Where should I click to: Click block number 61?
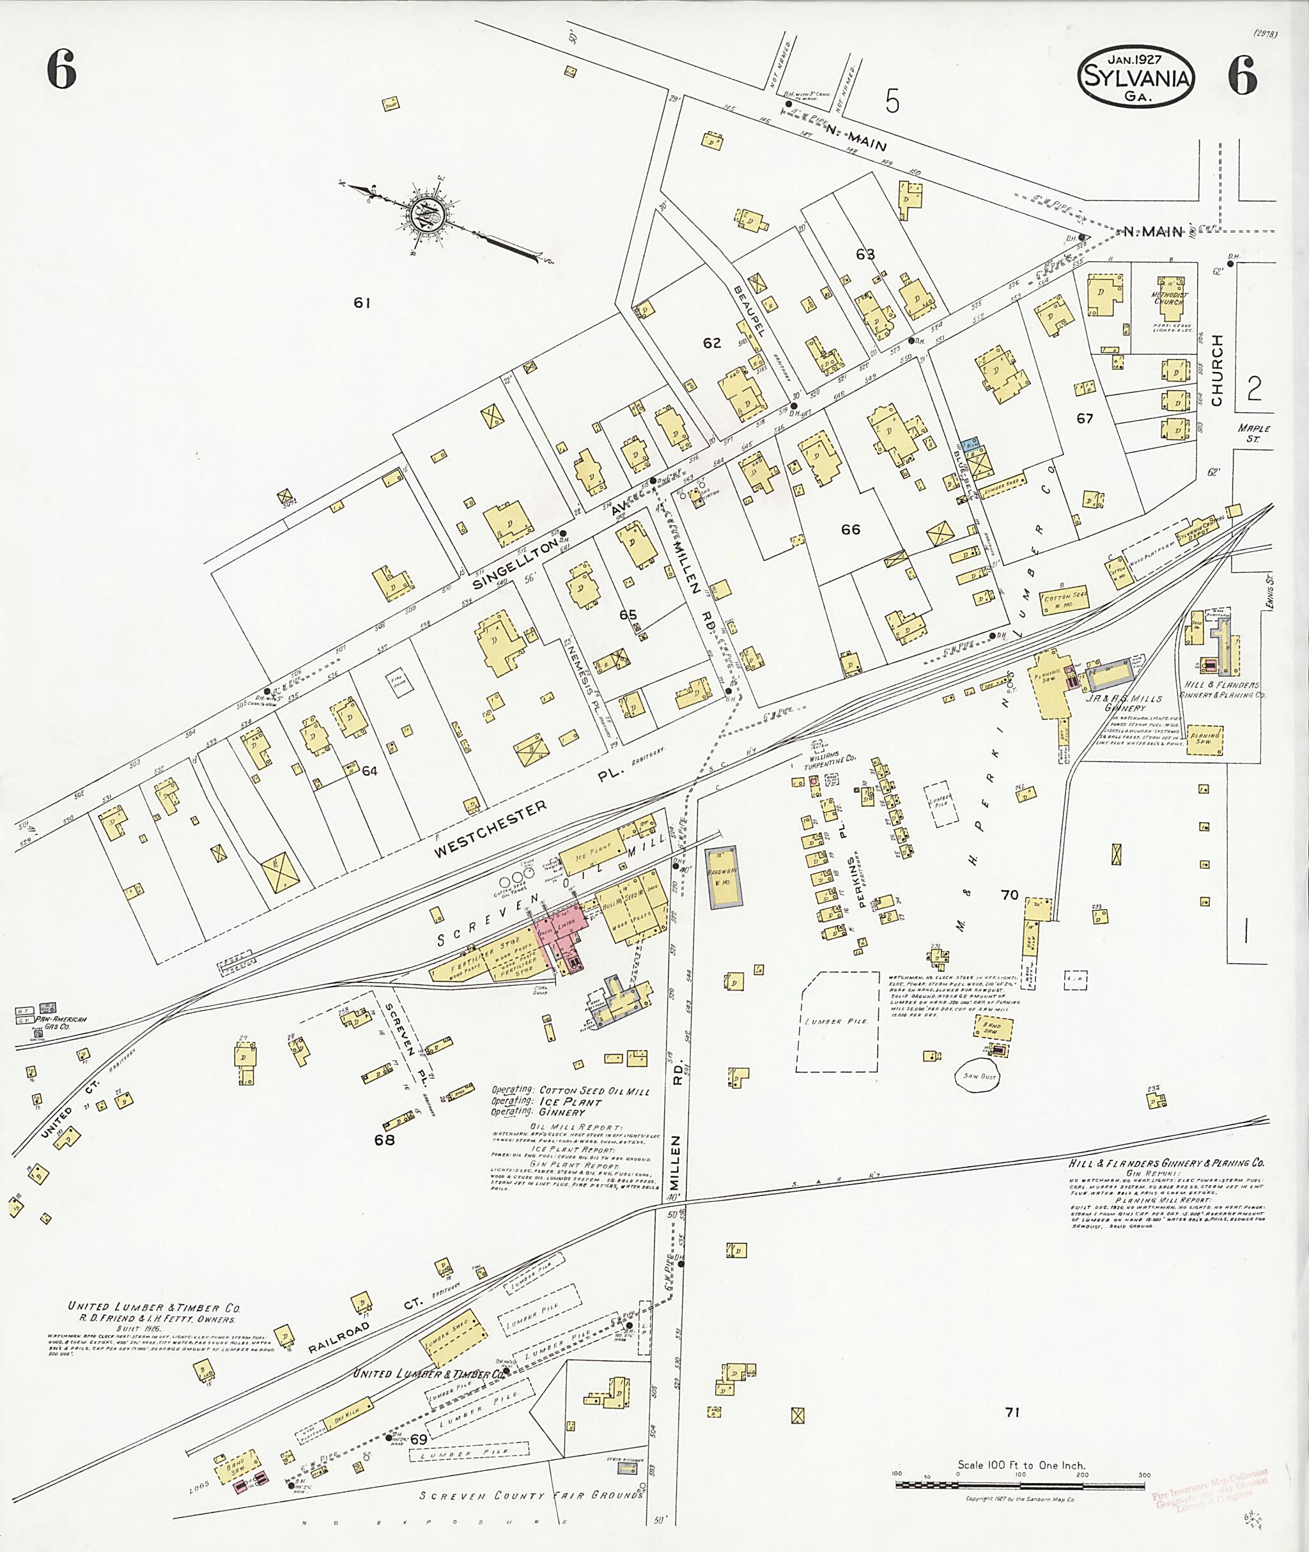pos(361,303)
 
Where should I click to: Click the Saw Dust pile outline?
pos(978,1077)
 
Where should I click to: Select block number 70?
pos(1009,895)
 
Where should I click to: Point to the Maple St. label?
pos(1254,433)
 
